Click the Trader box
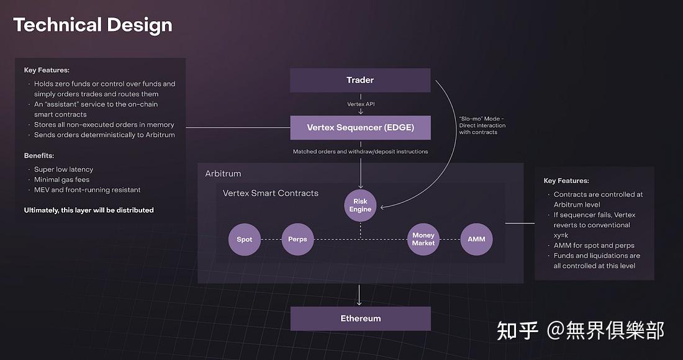coord(360,80)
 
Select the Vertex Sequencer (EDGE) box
coord(360,128)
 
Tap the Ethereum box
coord(360,318)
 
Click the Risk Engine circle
coord(360,205)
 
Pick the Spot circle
coord(245,239)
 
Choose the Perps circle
coord(297,239)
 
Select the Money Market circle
coord(423,239)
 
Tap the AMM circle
coord(476,239)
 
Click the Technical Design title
coord(93,25)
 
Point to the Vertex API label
coord(360,104)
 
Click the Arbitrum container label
coord(223,173)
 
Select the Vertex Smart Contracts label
coord(270,193)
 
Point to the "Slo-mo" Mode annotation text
coord(482,125)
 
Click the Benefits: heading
coord(38,155)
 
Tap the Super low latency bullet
coord(63,169)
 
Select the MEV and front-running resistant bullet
coord(87,190)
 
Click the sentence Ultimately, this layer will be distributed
coord(89,210)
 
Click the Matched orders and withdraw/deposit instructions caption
coord(360,151)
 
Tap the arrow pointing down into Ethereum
coord(360,295)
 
